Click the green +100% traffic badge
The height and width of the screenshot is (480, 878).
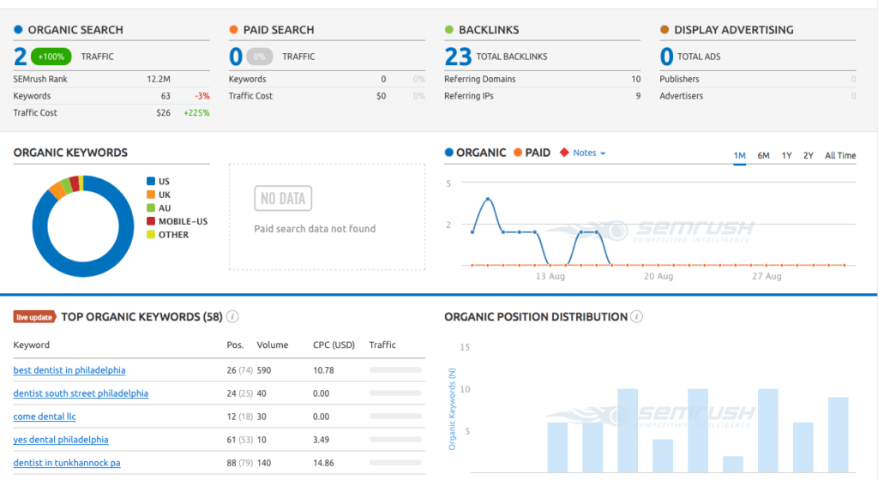51,57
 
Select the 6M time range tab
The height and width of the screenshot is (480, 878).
763,155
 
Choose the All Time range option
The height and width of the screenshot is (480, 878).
839,155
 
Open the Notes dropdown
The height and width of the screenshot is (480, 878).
588,153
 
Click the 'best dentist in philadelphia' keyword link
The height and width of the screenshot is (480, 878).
69,370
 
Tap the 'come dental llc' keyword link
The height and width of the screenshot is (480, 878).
45,417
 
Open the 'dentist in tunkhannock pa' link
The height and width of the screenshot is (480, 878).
67,463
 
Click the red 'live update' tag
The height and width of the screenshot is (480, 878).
35,317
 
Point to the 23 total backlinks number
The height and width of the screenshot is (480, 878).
458,57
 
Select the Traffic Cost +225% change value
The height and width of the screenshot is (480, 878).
196,112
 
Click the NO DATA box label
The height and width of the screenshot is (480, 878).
283,199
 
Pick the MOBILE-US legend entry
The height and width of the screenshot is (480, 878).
182,221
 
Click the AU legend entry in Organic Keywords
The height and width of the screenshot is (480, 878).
165,207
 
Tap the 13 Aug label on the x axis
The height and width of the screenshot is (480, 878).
550,277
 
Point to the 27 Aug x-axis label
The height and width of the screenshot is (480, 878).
767,277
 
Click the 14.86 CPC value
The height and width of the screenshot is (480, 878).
323,463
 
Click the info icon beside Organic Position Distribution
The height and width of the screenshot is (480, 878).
636,317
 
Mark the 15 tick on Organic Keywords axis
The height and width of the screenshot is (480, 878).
465,347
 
